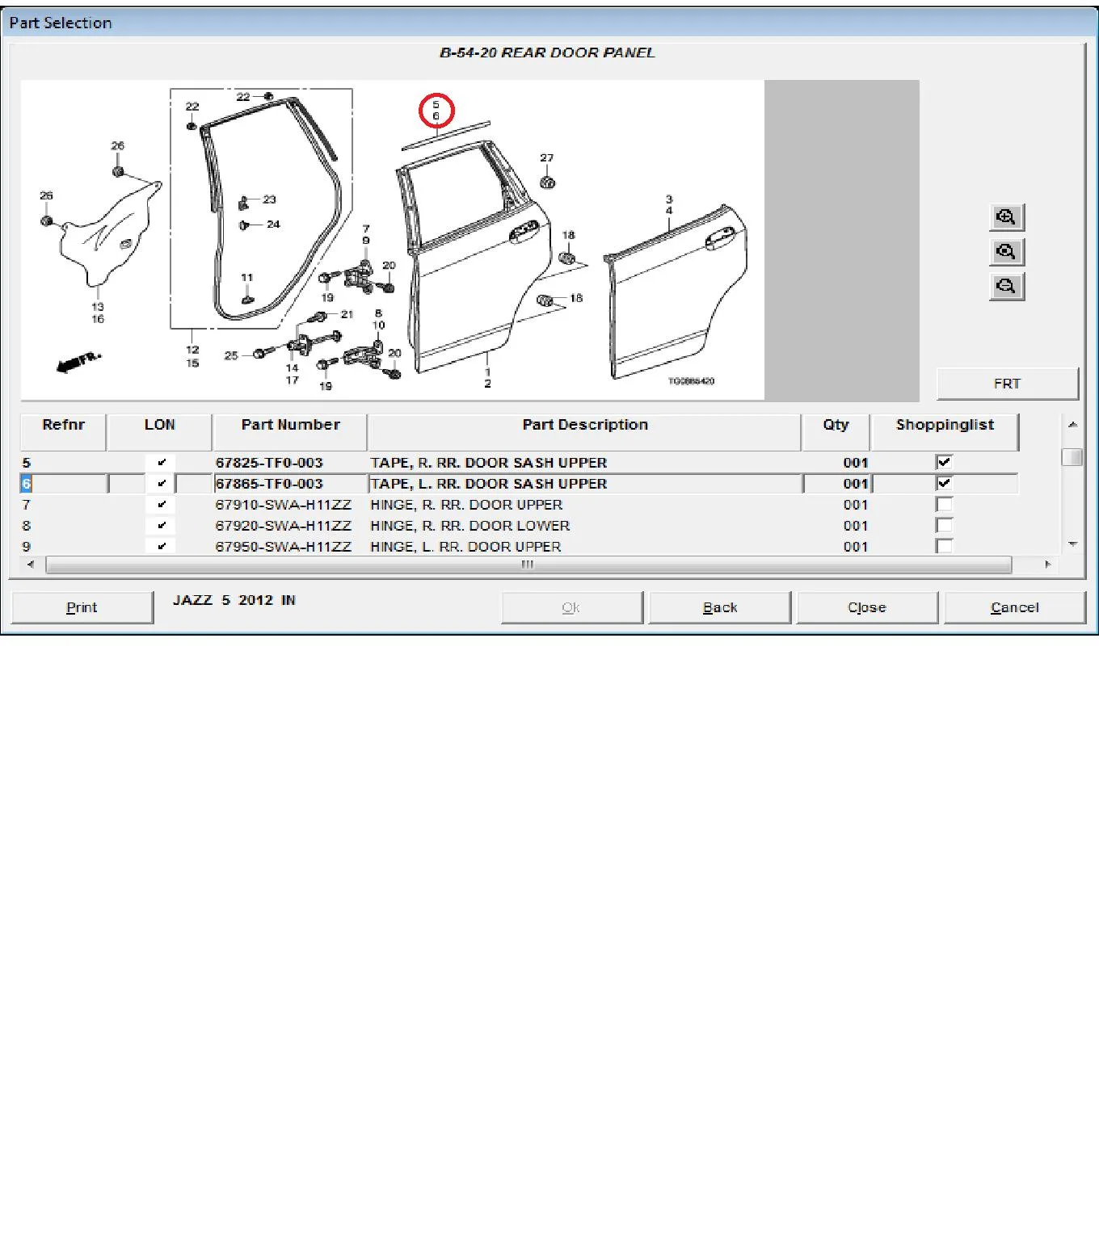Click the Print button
point(82,607)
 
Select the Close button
point(867,607)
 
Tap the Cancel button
point(1015,607)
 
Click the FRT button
point(1007,384)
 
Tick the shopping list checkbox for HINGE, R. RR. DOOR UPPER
point(944,505)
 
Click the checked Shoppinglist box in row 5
point(944,462)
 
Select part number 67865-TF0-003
point(269,484)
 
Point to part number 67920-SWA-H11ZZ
point(284,526)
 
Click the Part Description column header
point(584,425)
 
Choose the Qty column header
point(836,425)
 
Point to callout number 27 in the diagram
point(547,158)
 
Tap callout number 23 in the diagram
point(269,199)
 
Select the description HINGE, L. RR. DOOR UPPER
point(465,547)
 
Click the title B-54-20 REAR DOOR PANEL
point(547,53)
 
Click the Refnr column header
point(64,425)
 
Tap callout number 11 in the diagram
point(247,278)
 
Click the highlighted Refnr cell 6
point(26,484)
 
